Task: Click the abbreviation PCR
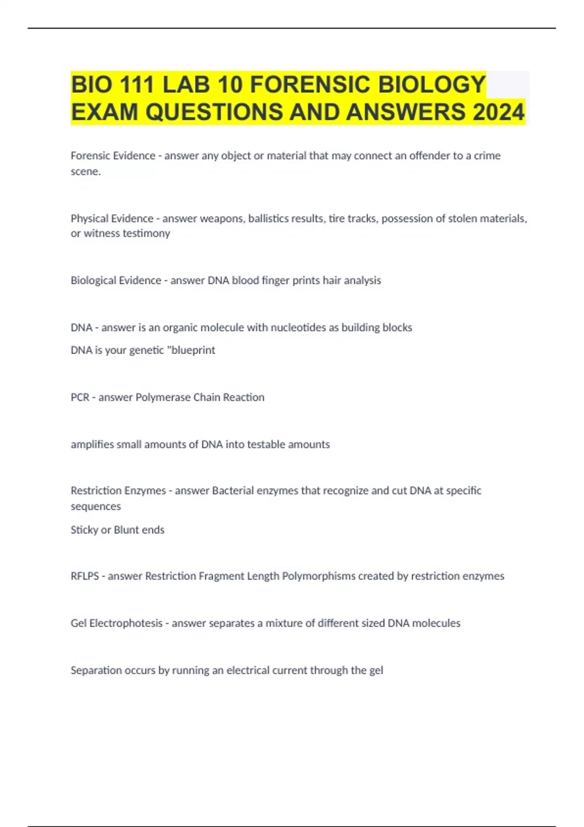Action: click(80, 397)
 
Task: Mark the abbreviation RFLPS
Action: click(85, 576)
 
